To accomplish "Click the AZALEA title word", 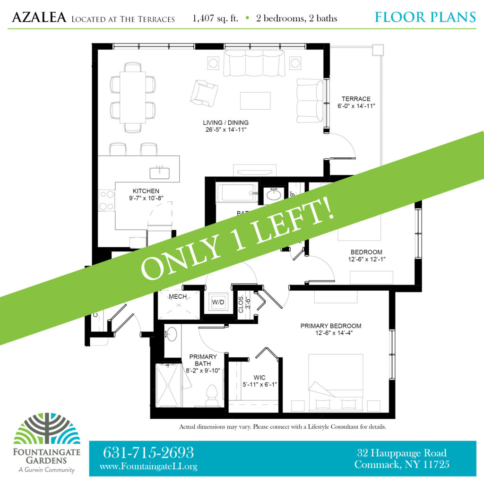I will click(x=39, y=18).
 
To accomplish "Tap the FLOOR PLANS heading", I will click(x=425, y=17).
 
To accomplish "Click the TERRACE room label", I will click(x=357, y=99).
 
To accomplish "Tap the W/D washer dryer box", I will click(x=218, y=301).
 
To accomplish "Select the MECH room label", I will click(x=178, y=297).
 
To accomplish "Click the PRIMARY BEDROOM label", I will click(x=331, y=326).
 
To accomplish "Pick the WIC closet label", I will click(x=259, y=378).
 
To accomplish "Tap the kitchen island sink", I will click(x=160, y=173).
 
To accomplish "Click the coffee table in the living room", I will click(x=255, y=101).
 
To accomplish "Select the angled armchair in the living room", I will click(x=204, y=92).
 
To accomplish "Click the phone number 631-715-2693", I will click(x=148, y=453).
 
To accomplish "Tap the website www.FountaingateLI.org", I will click(x=148, y=467).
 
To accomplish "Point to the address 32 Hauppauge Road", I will click(x=402, y=453).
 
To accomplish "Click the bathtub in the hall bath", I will click(x=237, y=193).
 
